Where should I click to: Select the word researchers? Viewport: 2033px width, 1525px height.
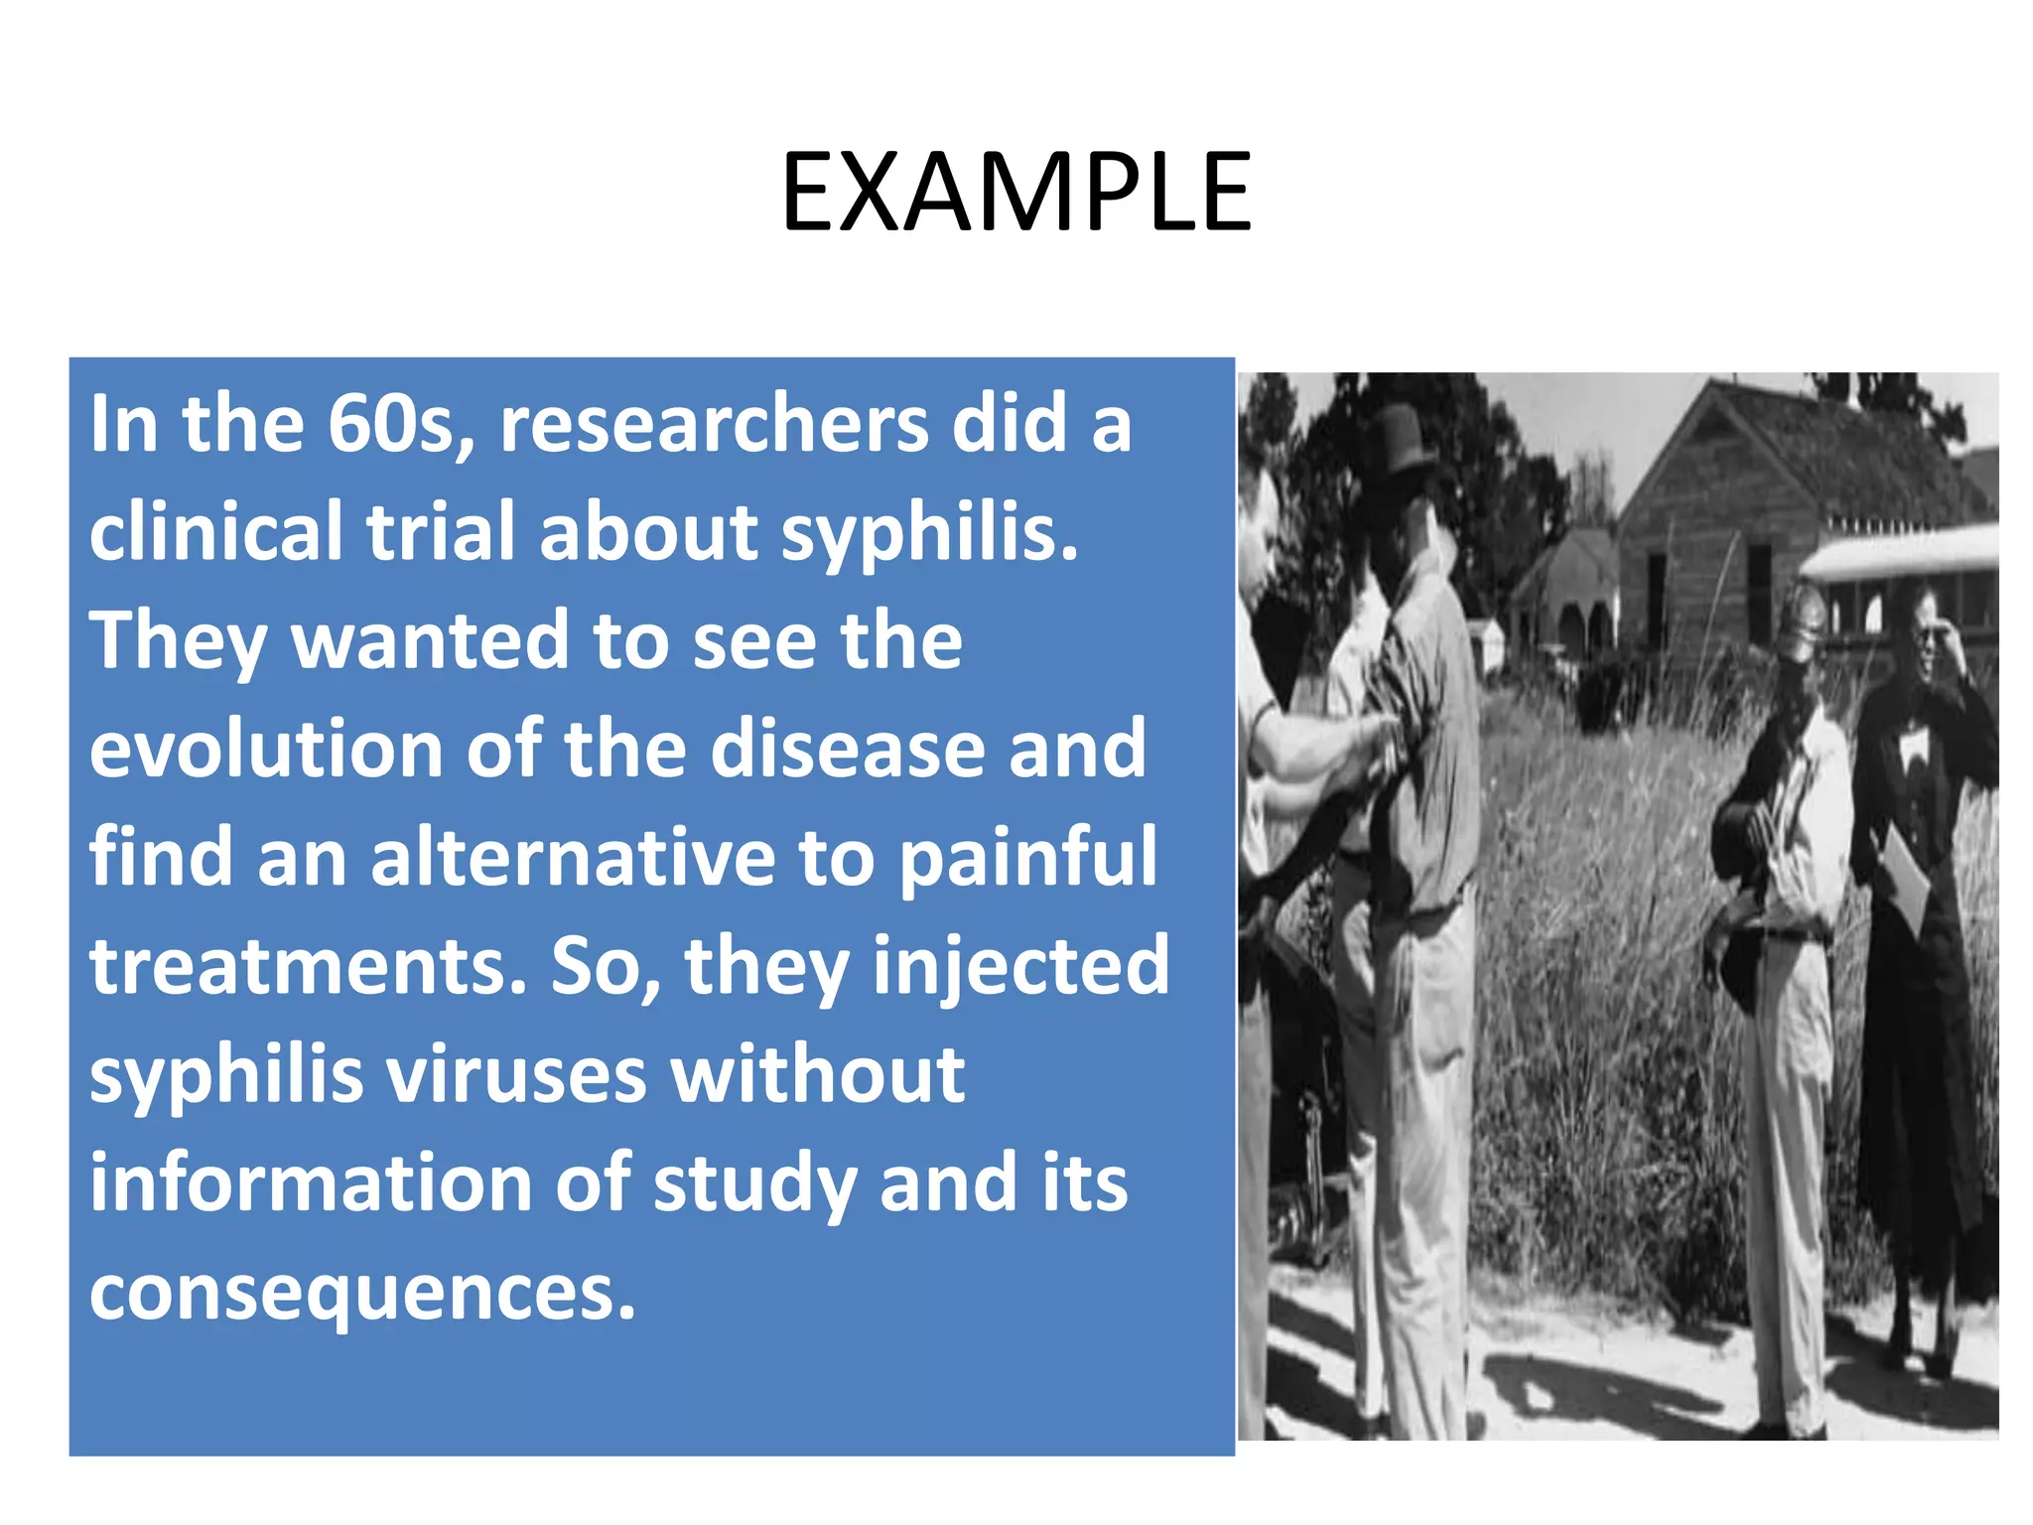714,425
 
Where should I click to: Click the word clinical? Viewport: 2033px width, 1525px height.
216,532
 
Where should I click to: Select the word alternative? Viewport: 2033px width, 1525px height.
573,858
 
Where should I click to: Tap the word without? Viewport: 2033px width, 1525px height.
818,1075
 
